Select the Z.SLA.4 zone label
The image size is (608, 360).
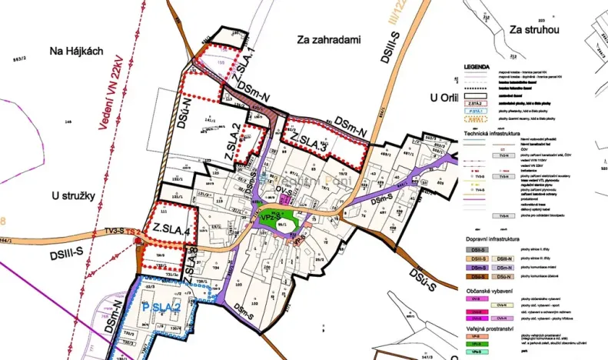coord(171,228)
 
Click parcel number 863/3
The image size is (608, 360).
coord(19,57)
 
